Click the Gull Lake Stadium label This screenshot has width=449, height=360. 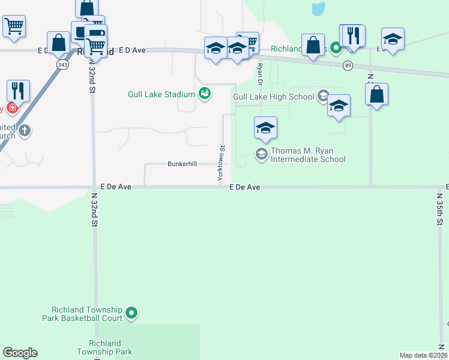[161, 94]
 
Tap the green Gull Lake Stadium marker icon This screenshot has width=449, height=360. [205, 94]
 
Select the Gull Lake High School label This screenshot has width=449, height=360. [273, 97]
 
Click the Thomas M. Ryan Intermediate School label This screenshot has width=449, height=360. [308, 155]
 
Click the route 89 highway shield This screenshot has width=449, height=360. [348, 65]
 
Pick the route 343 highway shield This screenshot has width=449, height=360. [62, 64]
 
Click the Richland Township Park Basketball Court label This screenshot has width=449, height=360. [82, 314]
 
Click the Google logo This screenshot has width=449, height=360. [20, 353]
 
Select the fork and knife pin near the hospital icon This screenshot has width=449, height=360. [18, 91]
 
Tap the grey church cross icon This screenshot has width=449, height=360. [25, 131]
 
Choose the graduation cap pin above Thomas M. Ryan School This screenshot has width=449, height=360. [265, 128]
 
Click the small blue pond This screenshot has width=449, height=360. [318, 8]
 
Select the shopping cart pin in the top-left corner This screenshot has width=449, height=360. [14, 26]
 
